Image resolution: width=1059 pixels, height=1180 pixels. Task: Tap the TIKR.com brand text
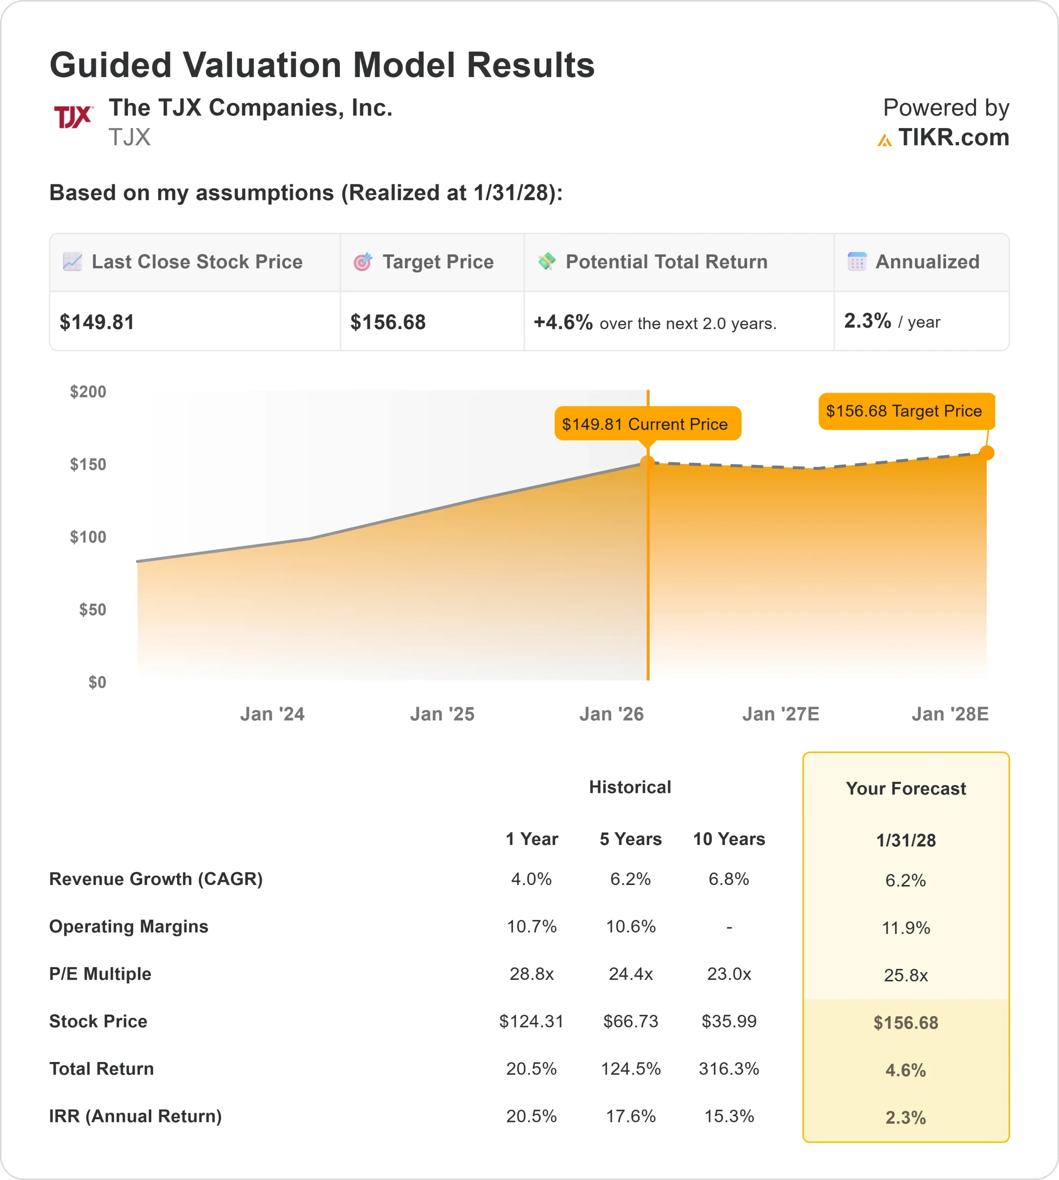(953, 138)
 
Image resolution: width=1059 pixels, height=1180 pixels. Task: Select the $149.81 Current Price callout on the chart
(647, 424)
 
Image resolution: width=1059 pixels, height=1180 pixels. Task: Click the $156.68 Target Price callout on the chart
(906, 411)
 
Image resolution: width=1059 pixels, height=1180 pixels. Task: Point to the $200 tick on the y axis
(88, 392)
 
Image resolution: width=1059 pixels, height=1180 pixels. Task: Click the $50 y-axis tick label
(93, 609)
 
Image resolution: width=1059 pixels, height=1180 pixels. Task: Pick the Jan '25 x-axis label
(442, 714)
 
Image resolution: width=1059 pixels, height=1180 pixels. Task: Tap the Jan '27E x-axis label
(780, 714)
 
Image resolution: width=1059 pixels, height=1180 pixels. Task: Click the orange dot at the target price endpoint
(986, 453)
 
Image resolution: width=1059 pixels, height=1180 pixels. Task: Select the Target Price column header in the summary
(438, 262)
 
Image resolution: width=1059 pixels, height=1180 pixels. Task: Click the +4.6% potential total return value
(563, 322)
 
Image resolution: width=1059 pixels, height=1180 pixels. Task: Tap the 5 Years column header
(631, 839)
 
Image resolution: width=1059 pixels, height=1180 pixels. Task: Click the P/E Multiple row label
(100, 974)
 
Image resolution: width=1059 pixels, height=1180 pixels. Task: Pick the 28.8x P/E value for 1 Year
(531, 974)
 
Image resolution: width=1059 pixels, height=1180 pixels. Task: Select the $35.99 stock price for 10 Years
(729, 1021)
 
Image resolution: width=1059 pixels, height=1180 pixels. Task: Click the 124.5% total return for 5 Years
(631, 1069)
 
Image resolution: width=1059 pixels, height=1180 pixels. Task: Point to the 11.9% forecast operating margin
(906, 928)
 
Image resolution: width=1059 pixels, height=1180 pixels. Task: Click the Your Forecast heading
(906, 789)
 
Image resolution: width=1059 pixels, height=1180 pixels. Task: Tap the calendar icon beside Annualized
(857, 262)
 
